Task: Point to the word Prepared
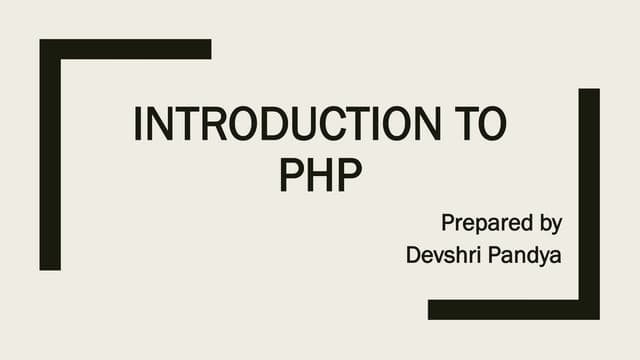[x=484, y=221]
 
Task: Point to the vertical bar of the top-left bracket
[x=50, y=160]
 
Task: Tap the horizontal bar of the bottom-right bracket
[x=510, y=309]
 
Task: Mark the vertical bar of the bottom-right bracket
[x=589, y=200]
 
